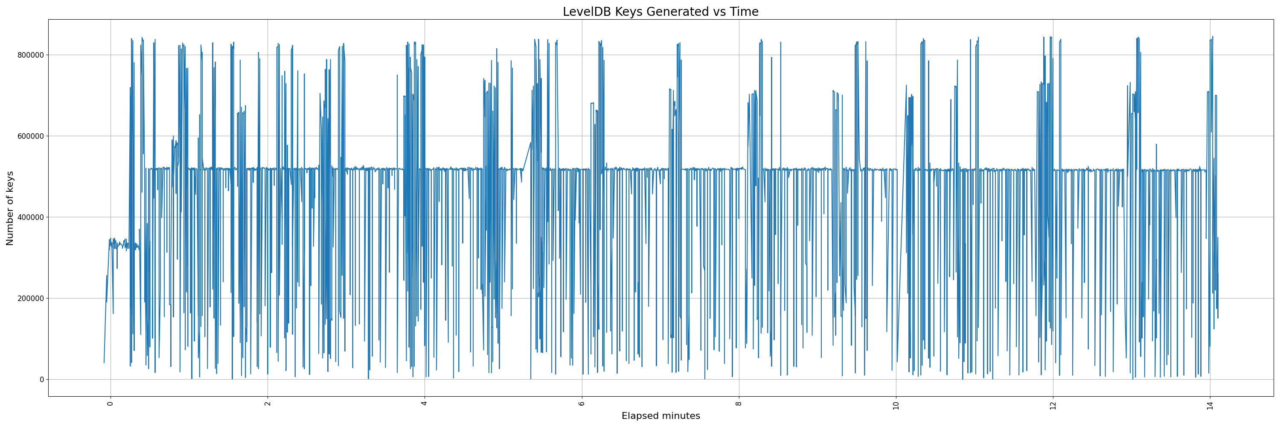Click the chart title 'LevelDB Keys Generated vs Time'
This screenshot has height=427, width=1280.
660,12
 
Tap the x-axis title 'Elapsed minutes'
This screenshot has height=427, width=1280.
660,416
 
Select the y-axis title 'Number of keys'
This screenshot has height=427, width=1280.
10,208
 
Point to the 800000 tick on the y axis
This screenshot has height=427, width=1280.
29,55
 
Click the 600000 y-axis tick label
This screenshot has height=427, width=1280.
29,136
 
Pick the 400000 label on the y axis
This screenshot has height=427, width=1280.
29,217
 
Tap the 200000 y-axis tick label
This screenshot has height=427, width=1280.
29,298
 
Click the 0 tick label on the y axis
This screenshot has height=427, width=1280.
42,380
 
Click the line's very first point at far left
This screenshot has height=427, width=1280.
104,363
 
